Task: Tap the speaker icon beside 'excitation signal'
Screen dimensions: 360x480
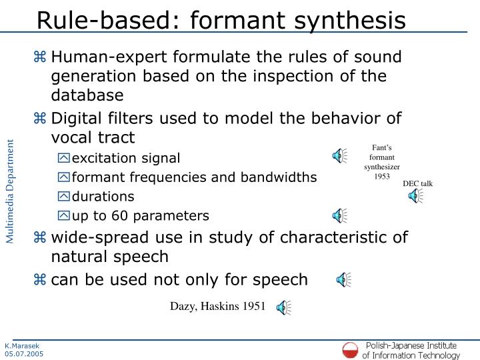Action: point(340,157)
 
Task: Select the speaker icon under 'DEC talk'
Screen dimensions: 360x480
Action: point(415,195)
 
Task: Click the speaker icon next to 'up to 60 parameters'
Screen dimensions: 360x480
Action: point(340,215)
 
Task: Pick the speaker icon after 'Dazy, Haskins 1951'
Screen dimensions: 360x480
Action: point(283,307)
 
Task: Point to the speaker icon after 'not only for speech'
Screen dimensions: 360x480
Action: point(343,279)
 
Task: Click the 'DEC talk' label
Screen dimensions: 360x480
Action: point(417,183)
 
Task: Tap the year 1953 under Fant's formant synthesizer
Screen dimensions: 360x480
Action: point(381,177)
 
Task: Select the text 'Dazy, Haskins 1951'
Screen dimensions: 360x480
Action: point(217,307)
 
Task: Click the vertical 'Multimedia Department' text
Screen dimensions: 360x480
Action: point(11,191)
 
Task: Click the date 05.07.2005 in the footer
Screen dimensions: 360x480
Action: point(23,354)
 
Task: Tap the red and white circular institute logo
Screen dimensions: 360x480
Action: point(350,349)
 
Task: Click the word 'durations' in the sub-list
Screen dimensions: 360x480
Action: point(103,197)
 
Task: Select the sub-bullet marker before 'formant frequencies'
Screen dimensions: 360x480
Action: point(63,178)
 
